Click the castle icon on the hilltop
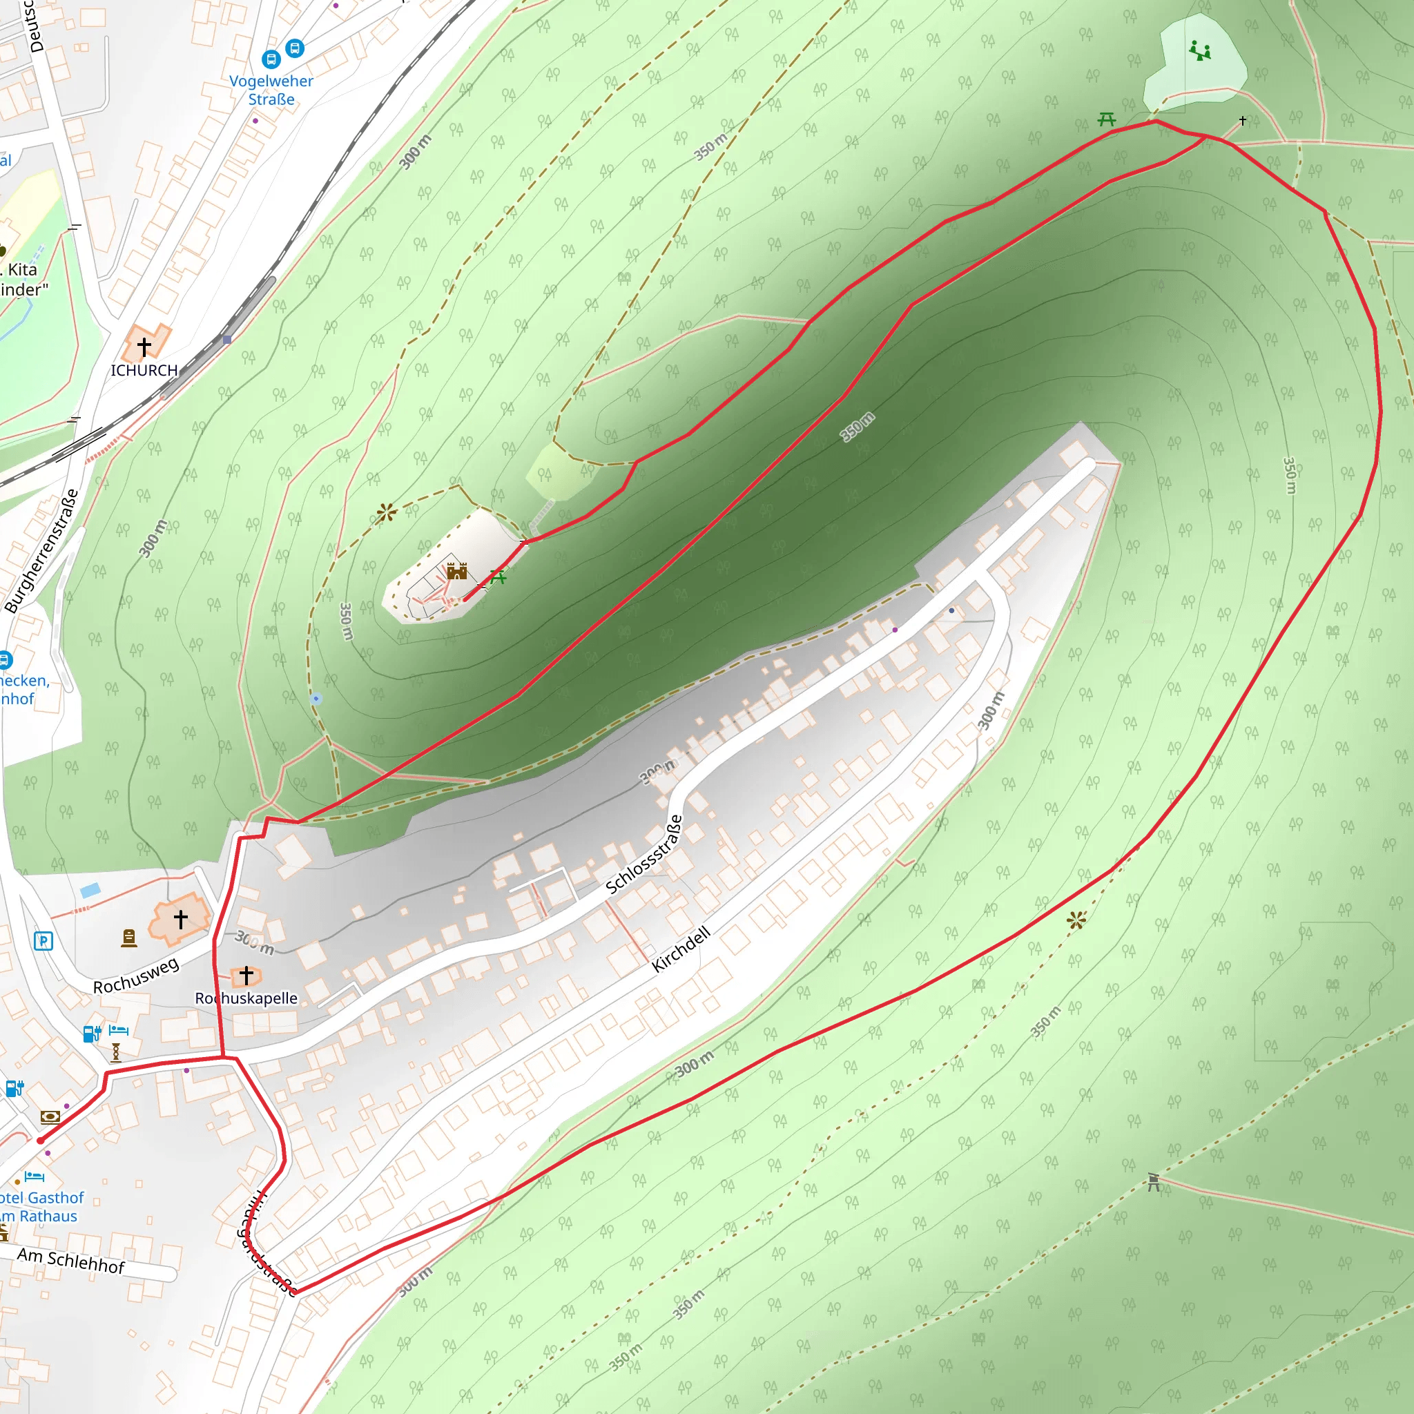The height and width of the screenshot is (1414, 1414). pyautogui.click(x=456, y=571)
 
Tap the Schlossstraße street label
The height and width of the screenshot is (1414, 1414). pyautogui.click(x=644, y=855)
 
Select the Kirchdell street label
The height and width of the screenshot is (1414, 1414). pyautogui.click(x=681, y=949)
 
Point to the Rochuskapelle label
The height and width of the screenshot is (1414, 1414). pyautogui.click(x=246, y=998)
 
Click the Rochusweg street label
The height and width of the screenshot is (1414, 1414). pyautogui.click(x=136, y=976)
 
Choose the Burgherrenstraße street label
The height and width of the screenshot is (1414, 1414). pyautogui.click(x=41, y=551)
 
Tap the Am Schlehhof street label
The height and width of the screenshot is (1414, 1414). pyautogui.click(x=71, y=1260)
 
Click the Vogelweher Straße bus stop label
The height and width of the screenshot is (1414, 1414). pyautogui.click(x=271, y=90)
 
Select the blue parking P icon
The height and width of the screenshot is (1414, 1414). pyautogui.click(x=43, y=941)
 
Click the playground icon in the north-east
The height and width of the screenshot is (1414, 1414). pyautogui.click(x=1199, y=50)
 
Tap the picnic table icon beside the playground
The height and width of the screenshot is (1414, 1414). pyautogui.click(x=1107, y=119)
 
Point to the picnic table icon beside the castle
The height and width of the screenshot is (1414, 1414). pyautogui.click(x=498, y=577)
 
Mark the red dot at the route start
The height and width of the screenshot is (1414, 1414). pyautogui.click(x=40, y=1141)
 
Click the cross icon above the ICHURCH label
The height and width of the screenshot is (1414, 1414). pyautogui.click(x=144, y=345)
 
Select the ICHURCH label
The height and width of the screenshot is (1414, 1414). pyautogui.click(x=144, y=370)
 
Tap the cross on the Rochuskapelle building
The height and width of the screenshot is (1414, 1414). pyautogui.click(x=246, y=975)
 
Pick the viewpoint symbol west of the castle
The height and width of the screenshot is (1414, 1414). pyautogui.click(x=387, y=512)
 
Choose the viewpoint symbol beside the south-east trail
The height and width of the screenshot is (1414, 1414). pyautogui.click(x=1076, y=920)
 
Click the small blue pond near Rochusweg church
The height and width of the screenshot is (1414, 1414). pyautogui.click(x=90, y=891)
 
